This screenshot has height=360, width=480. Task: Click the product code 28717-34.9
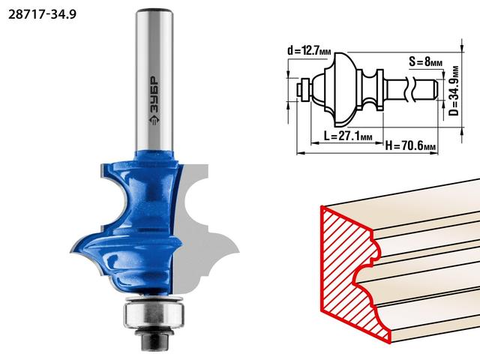point(42,14)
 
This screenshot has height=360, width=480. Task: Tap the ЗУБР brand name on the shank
point(154,94)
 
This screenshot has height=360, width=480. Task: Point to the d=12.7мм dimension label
point(309,50)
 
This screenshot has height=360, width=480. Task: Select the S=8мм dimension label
point(425,61)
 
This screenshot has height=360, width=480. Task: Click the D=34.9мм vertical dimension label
point(454,91)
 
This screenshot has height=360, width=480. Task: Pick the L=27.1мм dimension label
point(348,135)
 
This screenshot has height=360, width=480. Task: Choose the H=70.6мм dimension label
point(410,145)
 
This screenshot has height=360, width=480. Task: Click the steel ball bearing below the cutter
point(154,314)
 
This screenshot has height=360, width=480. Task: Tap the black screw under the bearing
point(155,339)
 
